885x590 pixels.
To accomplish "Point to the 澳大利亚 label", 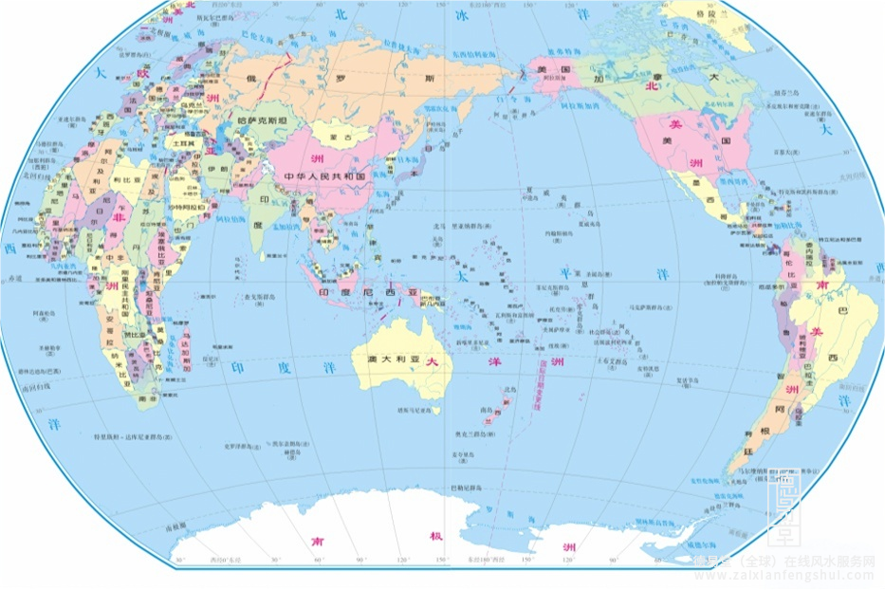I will click(x=391, y=361).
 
